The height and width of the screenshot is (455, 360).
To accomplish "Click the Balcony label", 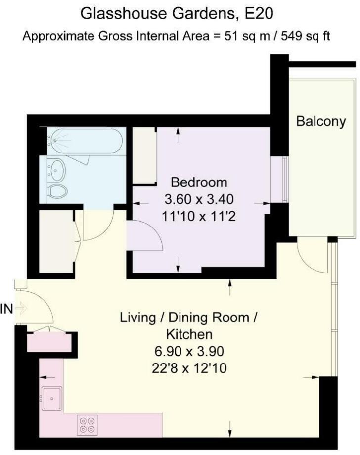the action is pos(321,121).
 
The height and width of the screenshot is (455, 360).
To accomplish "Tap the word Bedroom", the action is pos(199,182).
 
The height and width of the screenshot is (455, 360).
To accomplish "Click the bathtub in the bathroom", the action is pos(85,141).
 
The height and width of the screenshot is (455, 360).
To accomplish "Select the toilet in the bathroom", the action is pos(57,191).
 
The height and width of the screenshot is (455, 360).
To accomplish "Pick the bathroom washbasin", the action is pos(56,170).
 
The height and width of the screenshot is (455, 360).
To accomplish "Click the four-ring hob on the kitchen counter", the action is pos(88,425).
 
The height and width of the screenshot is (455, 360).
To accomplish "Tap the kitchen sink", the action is pos(51,398).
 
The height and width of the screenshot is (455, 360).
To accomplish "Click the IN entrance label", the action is pos(6,309).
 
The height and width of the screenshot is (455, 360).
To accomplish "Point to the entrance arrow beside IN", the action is pos(21,308).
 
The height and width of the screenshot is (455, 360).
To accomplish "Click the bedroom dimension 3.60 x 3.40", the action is pos(199,199).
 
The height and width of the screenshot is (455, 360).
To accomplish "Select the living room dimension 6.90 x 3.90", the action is pos(189,351).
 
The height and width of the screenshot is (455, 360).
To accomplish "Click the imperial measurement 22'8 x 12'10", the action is pos(189,368).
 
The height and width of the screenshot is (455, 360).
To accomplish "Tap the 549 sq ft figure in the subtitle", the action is pos(305,36).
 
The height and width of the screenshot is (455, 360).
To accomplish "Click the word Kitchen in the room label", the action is pos(189,334).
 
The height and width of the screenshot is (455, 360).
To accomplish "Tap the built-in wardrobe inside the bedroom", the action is pos(144,155).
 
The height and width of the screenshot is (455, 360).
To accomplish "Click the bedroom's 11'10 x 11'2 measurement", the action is pos(199,217).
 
